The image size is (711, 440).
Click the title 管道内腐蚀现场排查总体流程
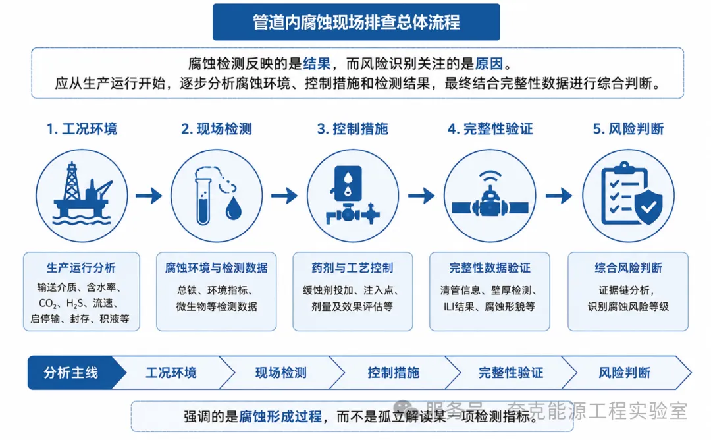(356, 22)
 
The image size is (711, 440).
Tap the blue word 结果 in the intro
(317, 63)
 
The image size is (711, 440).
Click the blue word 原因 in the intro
(488, 63)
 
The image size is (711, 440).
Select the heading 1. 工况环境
(82, 129)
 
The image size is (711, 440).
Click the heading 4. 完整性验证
(490, 129)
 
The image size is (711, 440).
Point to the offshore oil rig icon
(82, 194)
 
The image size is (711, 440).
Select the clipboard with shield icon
(631, 194)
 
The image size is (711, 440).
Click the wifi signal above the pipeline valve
(490, 177)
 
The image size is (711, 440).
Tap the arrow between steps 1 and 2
(149, 196)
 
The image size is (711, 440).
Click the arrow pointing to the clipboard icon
(559, 196)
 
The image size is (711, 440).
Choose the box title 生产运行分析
(81, 268)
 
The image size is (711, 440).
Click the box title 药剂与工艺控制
(352, 268)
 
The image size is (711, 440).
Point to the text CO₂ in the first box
(47, 304)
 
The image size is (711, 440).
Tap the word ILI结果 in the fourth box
(459, 307)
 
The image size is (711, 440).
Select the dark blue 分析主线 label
(70, 373)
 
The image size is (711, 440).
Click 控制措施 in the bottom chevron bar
(394, 373)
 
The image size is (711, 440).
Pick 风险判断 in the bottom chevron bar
(624, 373)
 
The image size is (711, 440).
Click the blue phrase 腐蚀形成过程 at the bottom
(280, 416)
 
